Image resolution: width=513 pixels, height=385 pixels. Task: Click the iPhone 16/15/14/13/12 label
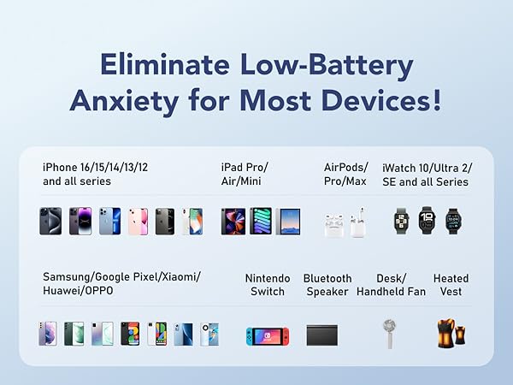click(x=95, y=167)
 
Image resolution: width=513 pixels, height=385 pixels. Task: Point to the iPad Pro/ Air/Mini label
click(x=245, y=175)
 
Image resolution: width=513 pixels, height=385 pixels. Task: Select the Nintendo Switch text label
click(x=268, y=285)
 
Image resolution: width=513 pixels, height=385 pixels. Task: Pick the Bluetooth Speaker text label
click(x=327, y=285)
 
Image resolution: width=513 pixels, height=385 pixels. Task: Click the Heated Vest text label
click(x=451, y=285)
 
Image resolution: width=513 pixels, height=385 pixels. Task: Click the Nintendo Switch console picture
click(x=268, y=335)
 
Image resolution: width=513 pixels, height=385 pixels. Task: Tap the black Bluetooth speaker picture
click(x=327, y=335)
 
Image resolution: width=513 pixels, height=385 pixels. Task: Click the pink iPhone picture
click(x=138, y=222)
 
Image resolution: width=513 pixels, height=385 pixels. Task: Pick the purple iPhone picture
click(x=80, y=222)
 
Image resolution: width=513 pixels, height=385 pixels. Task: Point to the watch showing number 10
click(x=427, y=221)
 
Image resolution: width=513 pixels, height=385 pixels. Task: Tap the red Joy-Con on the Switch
click(x=285, y=335)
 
